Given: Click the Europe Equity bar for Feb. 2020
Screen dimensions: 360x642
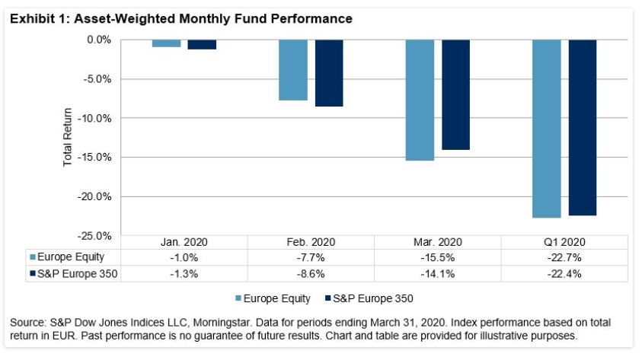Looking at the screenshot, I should click(x=293, y=70).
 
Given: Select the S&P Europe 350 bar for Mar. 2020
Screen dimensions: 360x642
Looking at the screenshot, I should click(x=455, y=94).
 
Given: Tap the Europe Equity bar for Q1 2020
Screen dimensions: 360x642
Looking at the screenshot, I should click(x=546, y=129).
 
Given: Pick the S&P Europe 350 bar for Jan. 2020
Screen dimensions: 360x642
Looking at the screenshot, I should click(x=202, y=44).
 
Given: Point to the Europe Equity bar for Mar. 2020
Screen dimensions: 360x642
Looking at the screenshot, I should click(x=420, y=100).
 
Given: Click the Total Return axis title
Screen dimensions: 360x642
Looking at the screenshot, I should click(x=68, y=138).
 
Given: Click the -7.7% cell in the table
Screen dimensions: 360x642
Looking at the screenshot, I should click(x=311, y=256).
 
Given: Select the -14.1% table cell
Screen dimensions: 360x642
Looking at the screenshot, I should click(x=437, y=272).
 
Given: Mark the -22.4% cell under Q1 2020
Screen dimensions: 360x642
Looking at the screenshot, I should click(x=564, y=272).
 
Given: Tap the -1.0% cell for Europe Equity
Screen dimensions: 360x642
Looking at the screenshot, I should click(x=184, y=256).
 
